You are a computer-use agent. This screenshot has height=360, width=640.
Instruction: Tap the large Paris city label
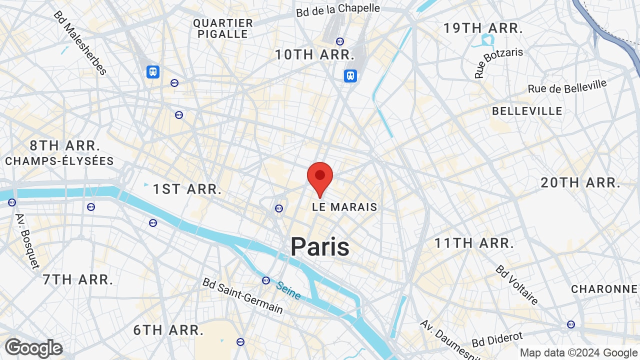(x=320, y=246)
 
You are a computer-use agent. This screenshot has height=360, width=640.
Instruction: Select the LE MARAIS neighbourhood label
(x=344, y=207)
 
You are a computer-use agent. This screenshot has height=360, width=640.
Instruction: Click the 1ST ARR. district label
(x=187, y=189)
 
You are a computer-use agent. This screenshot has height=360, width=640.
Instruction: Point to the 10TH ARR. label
(x=314, y=54)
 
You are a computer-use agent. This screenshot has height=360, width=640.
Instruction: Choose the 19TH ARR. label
(x=483, y=28)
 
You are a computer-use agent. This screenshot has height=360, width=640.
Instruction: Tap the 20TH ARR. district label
(x=580, y=182)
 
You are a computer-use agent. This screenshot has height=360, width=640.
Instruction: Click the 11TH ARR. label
(x=474, y=243)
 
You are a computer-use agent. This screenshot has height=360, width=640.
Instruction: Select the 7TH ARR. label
(x=77, y=279)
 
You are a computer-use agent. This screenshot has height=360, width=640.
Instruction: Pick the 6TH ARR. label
(x=168, y=330)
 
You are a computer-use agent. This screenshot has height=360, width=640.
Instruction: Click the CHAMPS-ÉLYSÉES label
(x=59, y=161)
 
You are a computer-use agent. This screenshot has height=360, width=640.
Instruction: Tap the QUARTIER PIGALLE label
(x=223, y=28)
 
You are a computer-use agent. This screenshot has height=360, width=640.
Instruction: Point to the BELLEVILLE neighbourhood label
(x=527, y=111)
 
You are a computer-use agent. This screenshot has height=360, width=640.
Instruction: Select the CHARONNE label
(x=604, y=289)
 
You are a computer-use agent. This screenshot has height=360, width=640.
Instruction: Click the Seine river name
(x=288, y=290)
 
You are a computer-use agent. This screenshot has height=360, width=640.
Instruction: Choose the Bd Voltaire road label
(x=517, y=284)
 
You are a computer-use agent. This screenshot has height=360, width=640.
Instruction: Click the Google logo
(x=34, y=348)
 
